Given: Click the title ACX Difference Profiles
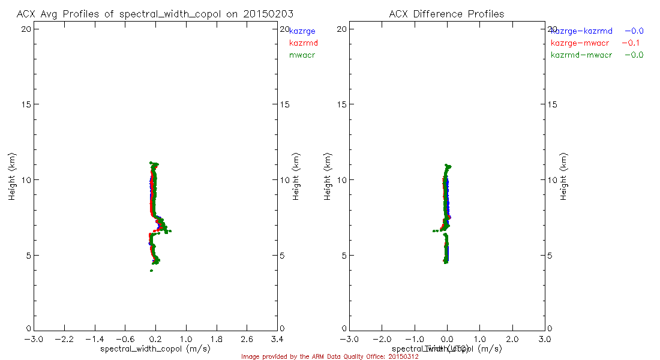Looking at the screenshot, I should pos(446,14).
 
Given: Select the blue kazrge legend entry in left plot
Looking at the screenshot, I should pos(302,31).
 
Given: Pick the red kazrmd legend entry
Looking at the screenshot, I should pos(304,43).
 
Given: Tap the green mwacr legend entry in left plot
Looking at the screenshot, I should pos(302,55).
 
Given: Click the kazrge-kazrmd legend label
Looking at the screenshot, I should pos(582,31).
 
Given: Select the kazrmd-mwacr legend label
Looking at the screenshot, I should pos(581,55).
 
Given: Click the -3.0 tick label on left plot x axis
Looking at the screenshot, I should pos(34,339).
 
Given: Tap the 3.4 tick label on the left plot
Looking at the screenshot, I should pos(277,339).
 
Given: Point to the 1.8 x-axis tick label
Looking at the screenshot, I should pos(217,339).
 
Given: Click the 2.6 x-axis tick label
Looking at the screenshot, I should pos(247,339).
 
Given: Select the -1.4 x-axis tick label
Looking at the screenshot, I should pos(94,339).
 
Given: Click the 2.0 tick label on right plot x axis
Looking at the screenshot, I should pos(512,339).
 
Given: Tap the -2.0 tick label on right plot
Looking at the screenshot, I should pos(382,339).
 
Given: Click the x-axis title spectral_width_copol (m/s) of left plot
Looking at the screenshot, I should pos(155,349).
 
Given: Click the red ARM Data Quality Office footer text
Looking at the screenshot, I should pos(329,356).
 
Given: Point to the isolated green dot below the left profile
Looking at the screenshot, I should pos(151,271).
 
